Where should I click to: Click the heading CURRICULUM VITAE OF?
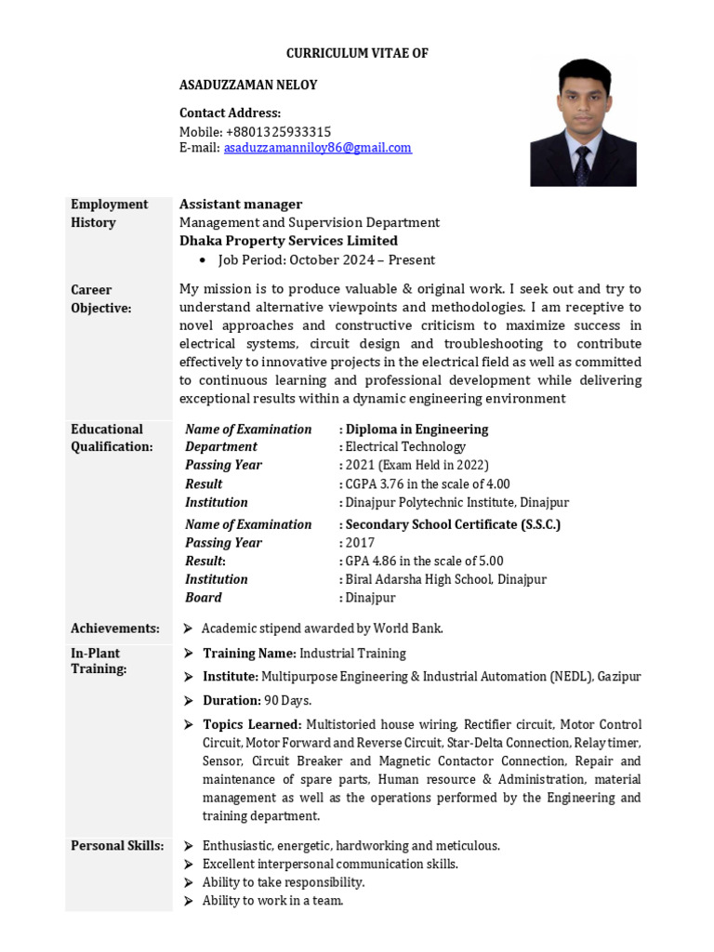coord(357,54)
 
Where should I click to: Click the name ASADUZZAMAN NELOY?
coord(248,86)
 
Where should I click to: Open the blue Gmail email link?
coord(317,148)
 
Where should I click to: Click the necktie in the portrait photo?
coord(582,166)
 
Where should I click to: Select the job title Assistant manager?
coord(241,205)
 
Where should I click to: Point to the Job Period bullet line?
coord(325,260)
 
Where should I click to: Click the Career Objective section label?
coord(101,298)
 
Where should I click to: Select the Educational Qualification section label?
coord(112,438)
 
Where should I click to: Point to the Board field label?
coord(204,597)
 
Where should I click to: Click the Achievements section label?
coord(115,628)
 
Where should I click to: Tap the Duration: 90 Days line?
coord(258,700)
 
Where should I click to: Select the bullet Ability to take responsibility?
coord(284,882)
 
